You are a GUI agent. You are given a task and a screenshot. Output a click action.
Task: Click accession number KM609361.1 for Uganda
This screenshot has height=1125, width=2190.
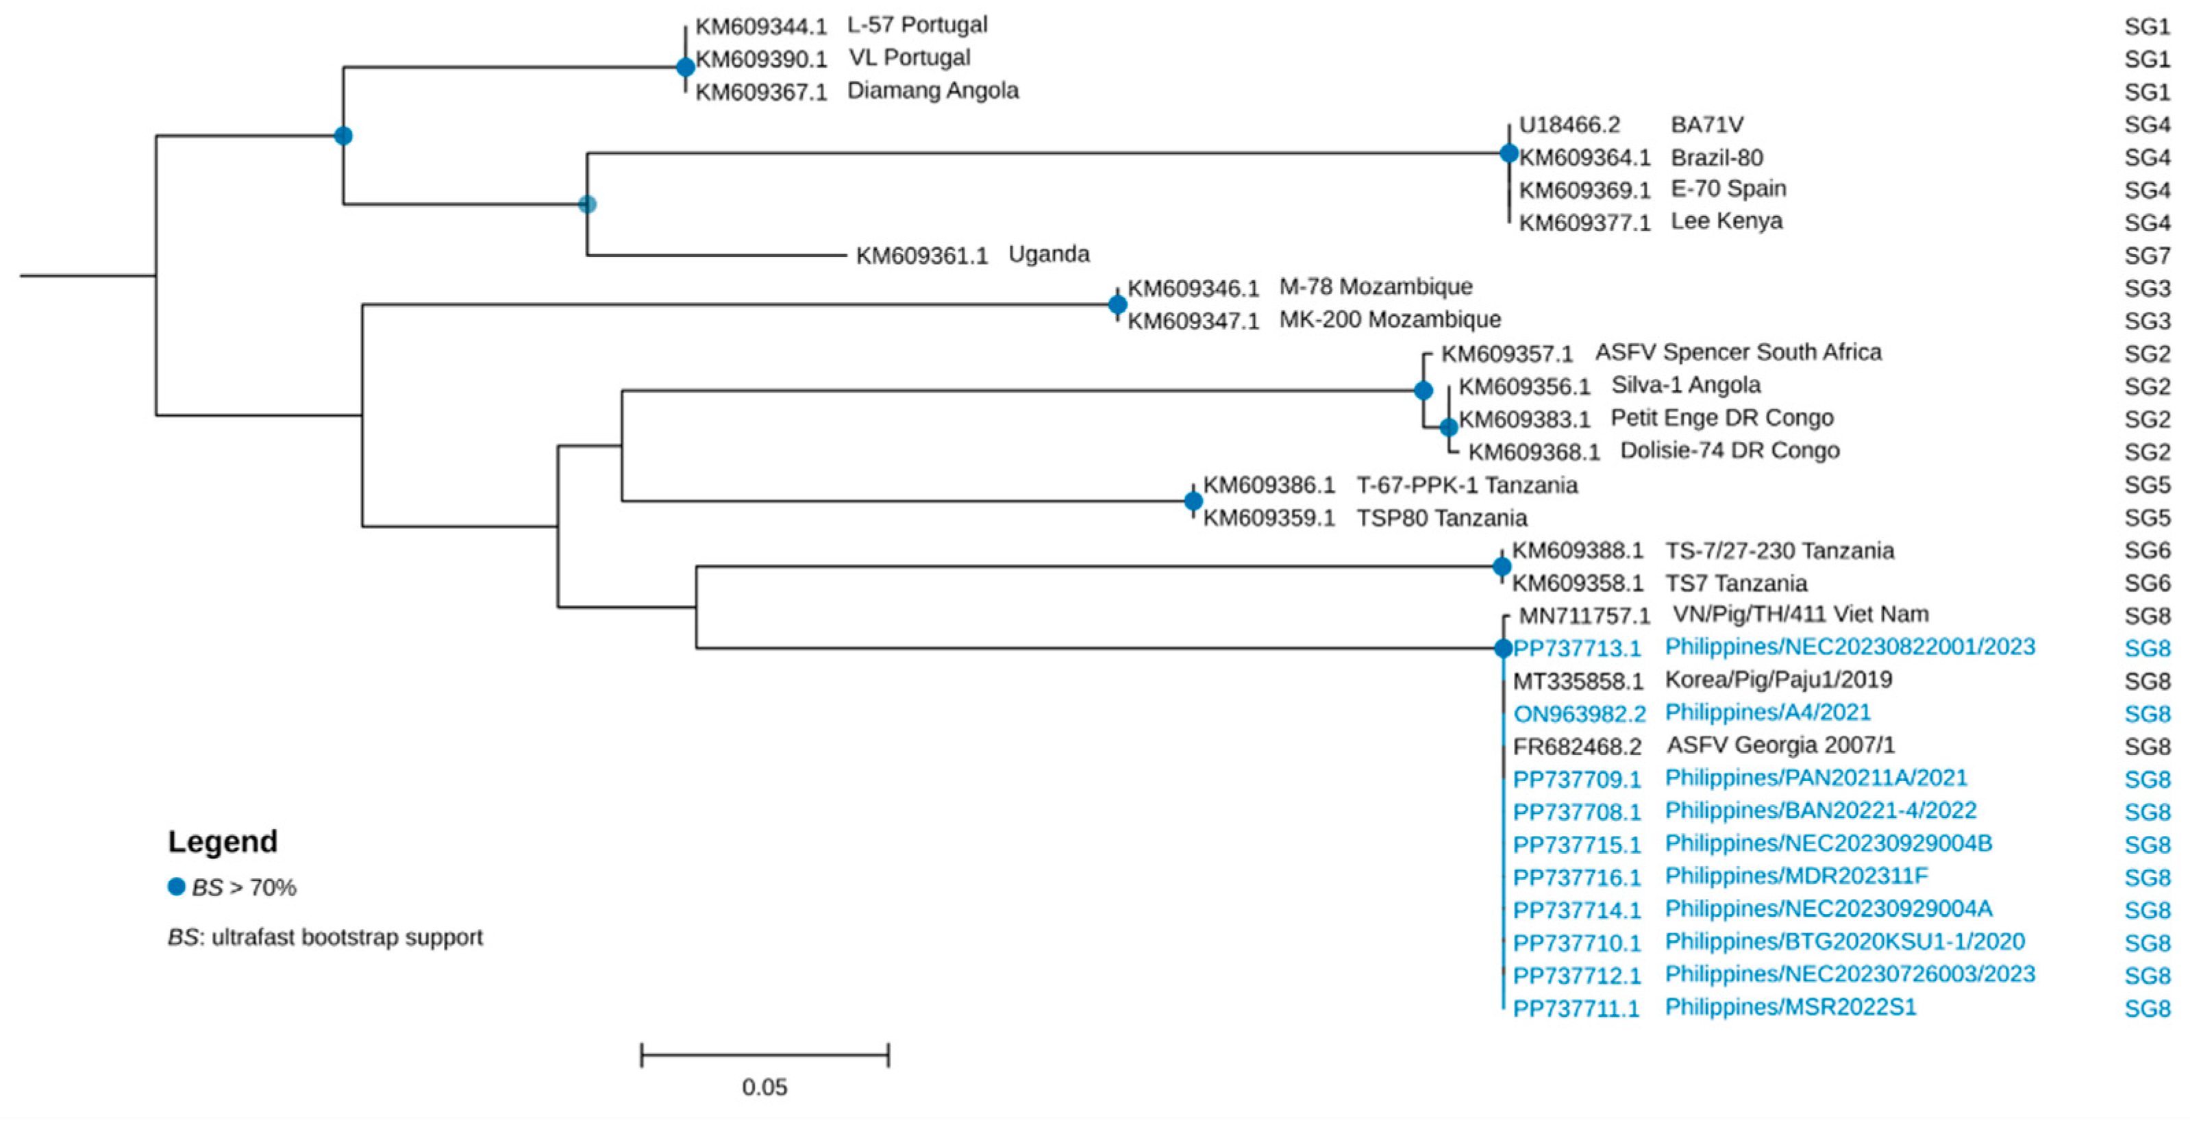pos(921,255)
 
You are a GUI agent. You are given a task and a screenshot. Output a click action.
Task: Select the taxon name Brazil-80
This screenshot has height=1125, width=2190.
pos(1717,158)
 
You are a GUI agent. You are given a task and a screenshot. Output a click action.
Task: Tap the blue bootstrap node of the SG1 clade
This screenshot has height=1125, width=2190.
pos(685,67)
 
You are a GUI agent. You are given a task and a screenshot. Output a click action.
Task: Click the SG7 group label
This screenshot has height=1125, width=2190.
pos(2147,255)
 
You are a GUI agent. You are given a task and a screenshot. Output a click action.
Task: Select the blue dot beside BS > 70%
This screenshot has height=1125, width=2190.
pos(176,887)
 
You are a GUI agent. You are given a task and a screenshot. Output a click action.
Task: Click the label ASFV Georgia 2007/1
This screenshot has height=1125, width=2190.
pos(1780,745)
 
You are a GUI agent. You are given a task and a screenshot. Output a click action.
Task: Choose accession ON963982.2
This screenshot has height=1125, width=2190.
pos(1579,713)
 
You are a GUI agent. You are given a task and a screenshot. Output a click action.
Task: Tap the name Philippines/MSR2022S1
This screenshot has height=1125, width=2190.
pos(1791,1008)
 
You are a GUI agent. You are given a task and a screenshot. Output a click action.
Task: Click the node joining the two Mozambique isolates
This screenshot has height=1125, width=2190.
pos(1117,304)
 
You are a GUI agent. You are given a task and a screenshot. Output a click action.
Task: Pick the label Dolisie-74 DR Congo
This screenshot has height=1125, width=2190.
pos(1729,451)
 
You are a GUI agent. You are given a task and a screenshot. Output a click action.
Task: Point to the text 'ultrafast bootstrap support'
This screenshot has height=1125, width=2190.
pos(346,937)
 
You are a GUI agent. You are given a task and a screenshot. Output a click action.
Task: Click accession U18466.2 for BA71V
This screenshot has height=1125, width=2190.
pos(1569,125)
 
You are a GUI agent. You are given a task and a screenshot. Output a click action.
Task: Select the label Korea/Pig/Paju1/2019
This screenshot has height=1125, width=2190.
pos(1778,680)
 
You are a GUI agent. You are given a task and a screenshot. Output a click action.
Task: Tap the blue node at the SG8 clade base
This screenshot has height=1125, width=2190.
pos(1502,648)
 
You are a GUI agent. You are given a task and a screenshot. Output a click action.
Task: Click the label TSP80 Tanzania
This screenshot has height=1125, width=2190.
pos(1441,518)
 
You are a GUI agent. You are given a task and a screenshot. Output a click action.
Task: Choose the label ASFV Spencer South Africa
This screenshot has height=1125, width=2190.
pos(1738,353)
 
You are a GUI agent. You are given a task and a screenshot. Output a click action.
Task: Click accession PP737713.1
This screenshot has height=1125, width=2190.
pos(1576,648)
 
